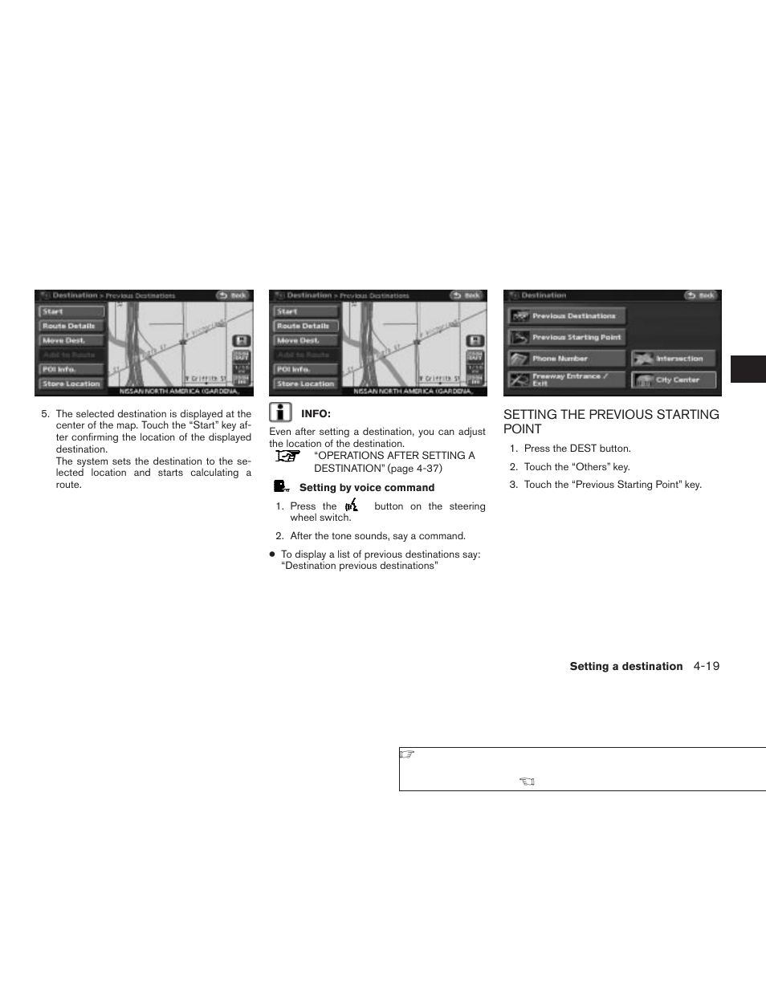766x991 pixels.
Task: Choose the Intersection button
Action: coord(673,359)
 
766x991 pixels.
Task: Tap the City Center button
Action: coord(673,380)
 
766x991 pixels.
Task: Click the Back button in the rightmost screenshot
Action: coord(700,295)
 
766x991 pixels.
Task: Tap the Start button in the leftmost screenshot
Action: coord(71,311)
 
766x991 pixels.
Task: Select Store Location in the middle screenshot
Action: coord(306,384)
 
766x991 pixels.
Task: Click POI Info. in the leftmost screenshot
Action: coord(71,369)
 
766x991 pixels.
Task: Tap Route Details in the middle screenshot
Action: coord(306,326)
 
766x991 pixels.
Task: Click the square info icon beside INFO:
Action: coord(280,412)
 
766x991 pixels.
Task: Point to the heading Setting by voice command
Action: coord(366,488)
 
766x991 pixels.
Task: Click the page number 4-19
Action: coord(707,666)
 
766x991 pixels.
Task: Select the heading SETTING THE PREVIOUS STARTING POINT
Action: coord(610,421)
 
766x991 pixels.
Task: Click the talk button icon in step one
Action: coord(351,506)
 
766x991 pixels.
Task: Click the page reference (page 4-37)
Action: coord(414,469)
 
